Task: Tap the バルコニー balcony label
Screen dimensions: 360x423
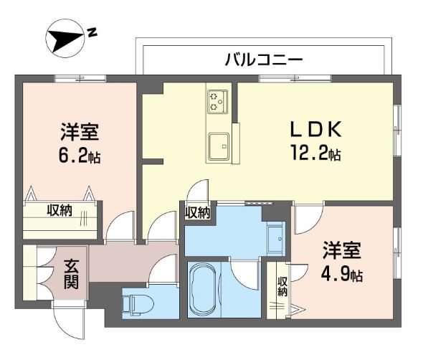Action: pyautogui.click(x=263, y=60)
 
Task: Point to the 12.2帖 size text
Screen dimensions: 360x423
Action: pyautogui.click(x=315, y=153)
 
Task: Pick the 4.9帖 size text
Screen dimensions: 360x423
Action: pyautogui.click(x=342, y=274)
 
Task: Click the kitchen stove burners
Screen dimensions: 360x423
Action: pyautogui.click(x=217, y=102)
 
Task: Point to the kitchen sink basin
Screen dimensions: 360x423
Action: pyautogui.click(x=218, y=146)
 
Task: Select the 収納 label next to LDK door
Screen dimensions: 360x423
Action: pyautogui.click(x=198, y=212)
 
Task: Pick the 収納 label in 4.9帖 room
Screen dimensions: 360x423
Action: pyautogui.click(x=282, y=286)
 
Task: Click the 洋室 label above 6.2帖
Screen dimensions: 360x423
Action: pyautogui.click(x=80, y=133)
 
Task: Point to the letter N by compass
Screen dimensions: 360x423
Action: pyautogui.click(x=92, y=32)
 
